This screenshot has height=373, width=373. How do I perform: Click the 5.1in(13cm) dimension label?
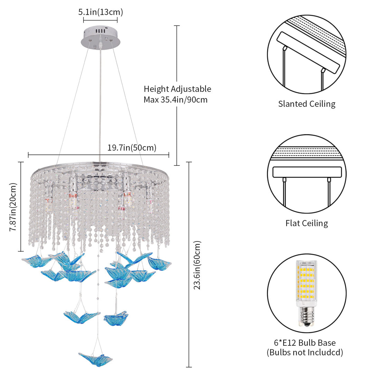coord(101,12)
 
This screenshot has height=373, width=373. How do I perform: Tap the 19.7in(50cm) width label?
coord(132,148)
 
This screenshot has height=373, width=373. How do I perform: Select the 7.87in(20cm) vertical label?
coord(13,207)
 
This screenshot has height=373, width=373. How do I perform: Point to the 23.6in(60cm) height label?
coord(197,265)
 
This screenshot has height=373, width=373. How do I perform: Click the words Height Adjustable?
coord(178,89)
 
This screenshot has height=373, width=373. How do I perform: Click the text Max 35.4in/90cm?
coord(175,100)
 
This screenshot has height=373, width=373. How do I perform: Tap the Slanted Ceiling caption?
coord(307,104)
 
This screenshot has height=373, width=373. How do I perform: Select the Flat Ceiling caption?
coord(307,223)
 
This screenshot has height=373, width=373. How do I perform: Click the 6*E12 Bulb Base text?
coord(305,343)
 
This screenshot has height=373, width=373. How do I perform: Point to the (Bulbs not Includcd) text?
coord(305,352)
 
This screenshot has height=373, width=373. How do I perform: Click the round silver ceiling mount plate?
coord(101,39)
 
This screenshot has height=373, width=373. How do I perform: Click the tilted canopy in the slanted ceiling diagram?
coord(309,52)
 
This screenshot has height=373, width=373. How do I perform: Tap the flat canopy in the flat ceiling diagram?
coord(307,172)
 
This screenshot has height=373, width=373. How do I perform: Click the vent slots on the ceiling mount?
coord(100,31)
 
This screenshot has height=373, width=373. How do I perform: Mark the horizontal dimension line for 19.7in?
coord(98,155)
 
